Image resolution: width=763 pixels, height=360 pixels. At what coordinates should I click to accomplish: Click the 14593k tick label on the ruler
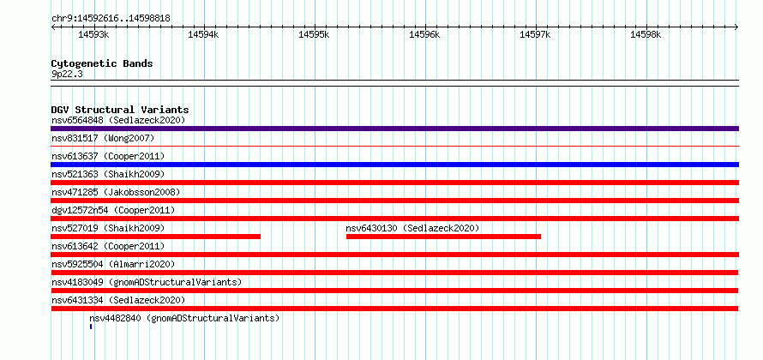tap(93, 34)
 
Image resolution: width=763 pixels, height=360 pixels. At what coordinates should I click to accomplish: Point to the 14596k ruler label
tap(425, 34)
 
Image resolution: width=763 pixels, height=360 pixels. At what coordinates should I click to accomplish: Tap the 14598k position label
tap(646, 34)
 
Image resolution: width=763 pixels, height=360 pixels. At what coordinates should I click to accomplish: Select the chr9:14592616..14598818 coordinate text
tap(111, 19)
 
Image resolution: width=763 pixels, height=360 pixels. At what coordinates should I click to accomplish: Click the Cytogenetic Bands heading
tap(102, 63)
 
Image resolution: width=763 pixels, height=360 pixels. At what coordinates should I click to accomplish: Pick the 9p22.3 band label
tap(66, 75)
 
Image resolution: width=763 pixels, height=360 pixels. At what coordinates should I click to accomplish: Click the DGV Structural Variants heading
tap(120, 110)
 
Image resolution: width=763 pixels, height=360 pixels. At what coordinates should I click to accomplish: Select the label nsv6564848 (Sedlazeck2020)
tap(118, 120)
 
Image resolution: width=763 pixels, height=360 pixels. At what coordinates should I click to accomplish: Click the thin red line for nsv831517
tap(394, 146)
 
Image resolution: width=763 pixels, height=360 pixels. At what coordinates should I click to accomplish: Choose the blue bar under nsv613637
tap(394, 165)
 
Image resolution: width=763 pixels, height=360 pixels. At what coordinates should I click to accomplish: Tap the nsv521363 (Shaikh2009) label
tap(108, 174)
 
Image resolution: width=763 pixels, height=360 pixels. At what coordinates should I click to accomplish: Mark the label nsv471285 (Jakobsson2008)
tap(116, 192)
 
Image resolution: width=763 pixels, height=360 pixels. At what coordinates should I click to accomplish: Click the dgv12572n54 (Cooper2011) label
tap(113, 210)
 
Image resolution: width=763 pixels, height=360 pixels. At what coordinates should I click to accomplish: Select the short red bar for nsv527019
tap(156, 237)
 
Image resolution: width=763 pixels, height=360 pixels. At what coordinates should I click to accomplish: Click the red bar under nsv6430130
tap(443, 237)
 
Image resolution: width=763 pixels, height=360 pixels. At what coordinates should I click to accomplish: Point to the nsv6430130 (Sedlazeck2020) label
tap(412, 228)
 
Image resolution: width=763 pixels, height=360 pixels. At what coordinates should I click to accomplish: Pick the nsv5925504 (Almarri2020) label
tap(113, 264)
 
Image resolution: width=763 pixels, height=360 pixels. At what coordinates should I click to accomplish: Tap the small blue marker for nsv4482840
tap(91, 327)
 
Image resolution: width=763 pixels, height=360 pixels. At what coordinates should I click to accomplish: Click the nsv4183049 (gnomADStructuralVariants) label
tap(147, 282)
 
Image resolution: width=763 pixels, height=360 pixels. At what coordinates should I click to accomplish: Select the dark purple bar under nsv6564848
tap(394, 129)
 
